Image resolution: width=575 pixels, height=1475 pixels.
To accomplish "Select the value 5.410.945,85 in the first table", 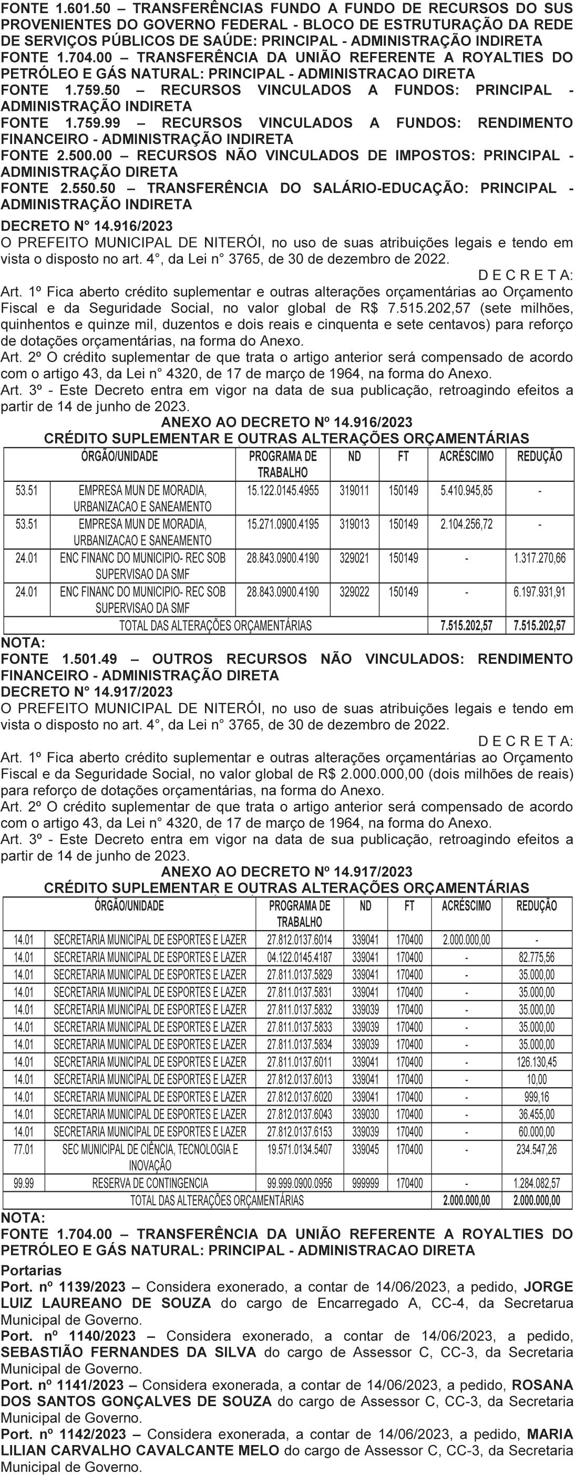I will [x=466, y=491].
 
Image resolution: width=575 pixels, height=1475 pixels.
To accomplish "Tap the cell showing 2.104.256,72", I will [x=466, y=524].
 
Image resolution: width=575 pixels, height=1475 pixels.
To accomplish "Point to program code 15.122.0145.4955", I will [x=282, y=491].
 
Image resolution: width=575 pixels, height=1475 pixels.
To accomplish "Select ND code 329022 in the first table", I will [x=354, y=592].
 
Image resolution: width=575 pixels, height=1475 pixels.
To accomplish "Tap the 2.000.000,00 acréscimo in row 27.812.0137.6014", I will [x=466, y=940].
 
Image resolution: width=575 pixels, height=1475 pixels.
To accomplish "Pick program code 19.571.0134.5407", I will [x=300, y=1149].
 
